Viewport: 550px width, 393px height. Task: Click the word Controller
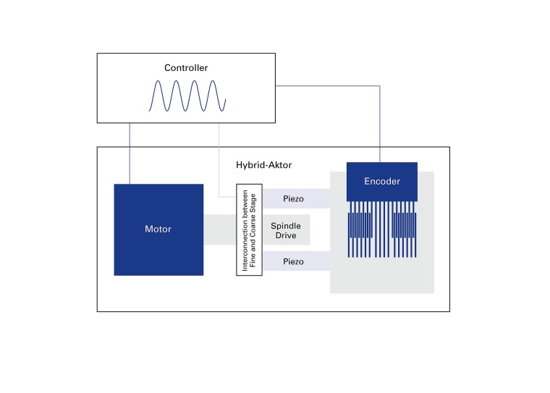pyautogui.click(x=186, y=68)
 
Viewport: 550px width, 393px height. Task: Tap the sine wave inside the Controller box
pyautogui.click(x=187, y=96)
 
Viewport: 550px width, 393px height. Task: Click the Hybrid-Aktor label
pyautogui.click(x=263, y=165)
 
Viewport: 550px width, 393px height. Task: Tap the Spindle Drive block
pyautogui.click(x=286, y=230)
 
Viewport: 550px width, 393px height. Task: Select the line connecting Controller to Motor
pyautogui.click(x=130, y=152)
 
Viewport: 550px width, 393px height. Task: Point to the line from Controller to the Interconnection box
pyautogui.click(x=219, y=159)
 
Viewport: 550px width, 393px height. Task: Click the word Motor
pyautogui.click(x=158, y=229)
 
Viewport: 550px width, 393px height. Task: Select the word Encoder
pyautogui.click(x=382, y=182)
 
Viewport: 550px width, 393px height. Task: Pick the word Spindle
pyautogui.click(x=286, y=226)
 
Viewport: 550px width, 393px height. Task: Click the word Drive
pyautogui.click(x=286, y=235)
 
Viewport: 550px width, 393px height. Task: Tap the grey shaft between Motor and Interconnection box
pyautogui.click(x=220, y=230)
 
